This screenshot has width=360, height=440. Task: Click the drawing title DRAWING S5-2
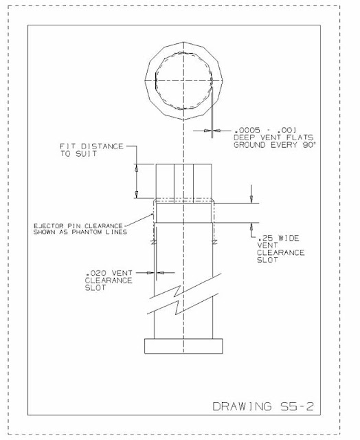point(264,406)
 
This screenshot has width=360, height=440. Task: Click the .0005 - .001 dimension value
point(254,130)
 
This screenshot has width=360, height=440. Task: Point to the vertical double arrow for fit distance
point(136,181)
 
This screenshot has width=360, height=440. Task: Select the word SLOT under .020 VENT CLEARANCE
point(94,288)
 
